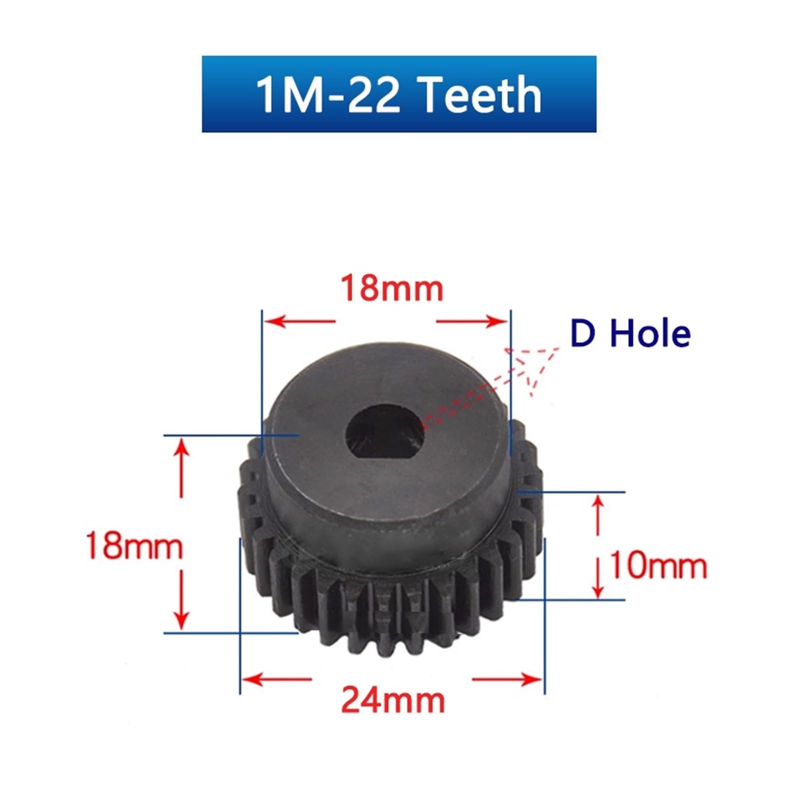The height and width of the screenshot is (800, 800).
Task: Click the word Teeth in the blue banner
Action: pos(481,94)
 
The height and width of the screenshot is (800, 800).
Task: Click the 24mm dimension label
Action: pos(393,700)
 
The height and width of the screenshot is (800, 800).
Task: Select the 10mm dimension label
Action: pos(658,566)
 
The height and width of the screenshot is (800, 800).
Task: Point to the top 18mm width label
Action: pos(392,288)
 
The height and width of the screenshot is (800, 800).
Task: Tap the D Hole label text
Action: pos(630,333)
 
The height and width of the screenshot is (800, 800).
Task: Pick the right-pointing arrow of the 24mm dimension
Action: pos(507,679)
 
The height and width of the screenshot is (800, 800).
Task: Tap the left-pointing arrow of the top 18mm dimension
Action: pos(300,320)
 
